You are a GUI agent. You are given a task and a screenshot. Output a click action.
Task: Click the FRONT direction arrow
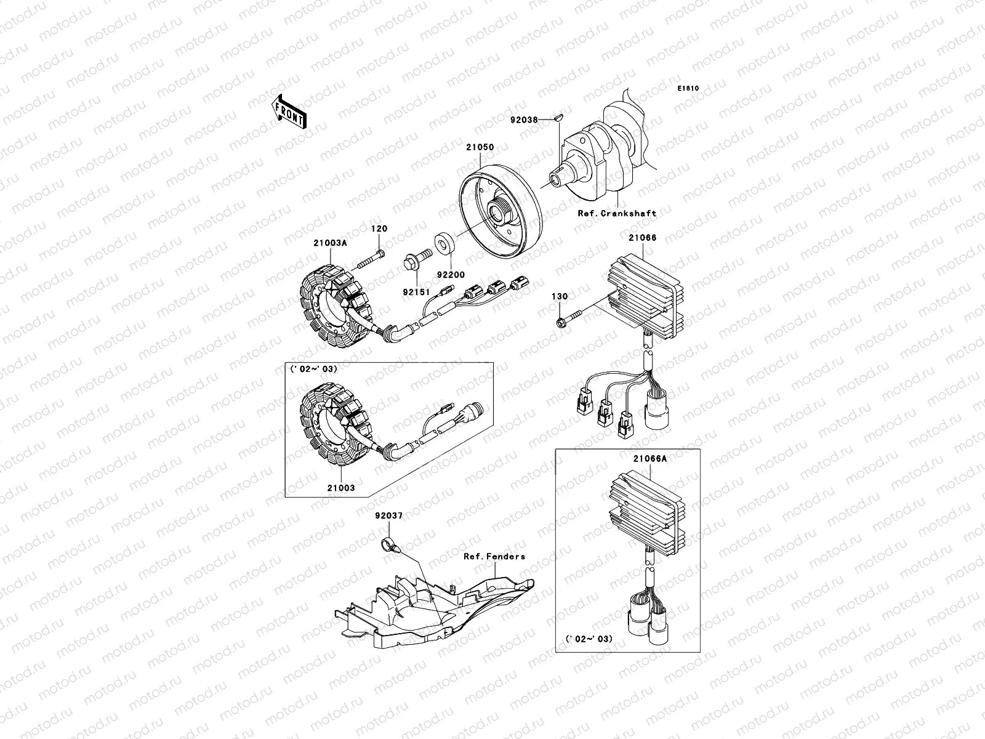coord(289,111)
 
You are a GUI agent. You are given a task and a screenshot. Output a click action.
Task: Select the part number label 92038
coord(524,120)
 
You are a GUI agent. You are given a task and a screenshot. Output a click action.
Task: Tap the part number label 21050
coord(480,147)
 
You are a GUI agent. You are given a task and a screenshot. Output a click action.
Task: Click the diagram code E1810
coord(688,89)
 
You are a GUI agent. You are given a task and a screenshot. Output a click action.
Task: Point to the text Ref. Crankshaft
coord(617,214)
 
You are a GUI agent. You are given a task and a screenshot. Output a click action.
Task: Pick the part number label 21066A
coord(649,459)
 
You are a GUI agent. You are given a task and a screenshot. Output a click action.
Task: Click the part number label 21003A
coord(330,243)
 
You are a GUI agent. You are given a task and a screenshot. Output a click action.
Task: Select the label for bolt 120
coord(379,229)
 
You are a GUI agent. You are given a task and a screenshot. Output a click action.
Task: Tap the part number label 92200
coord(451,275)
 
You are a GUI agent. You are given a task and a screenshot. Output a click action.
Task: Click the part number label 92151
coord(416,292)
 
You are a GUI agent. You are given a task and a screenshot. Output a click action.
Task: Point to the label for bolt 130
coord(560,297)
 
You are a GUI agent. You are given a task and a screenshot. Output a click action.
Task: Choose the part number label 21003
coord(341,488)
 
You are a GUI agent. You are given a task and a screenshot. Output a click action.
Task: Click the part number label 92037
coord(389,516)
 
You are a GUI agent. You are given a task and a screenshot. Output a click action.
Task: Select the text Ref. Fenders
coord(494,556)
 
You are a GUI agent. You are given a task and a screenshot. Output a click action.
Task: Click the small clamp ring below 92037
coord(391,545)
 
